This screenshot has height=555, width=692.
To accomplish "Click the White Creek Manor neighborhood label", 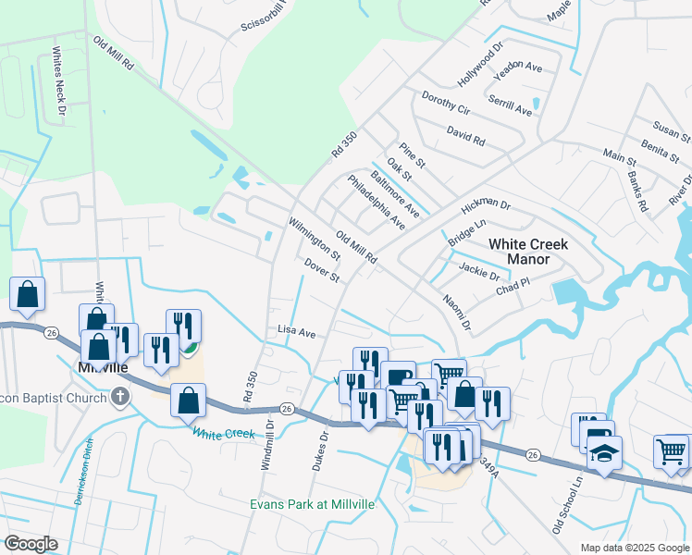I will click(532, 252).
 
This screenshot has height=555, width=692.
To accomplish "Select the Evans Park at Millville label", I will click(312, 504).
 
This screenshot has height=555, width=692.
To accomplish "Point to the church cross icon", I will click(118, 397).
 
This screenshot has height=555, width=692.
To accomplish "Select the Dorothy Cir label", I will click(446, 103).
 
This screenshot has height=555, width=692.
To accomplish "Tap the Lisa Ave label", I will click(297, 331).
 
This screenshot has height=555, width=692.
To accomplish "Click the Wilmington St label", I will click(314, 239).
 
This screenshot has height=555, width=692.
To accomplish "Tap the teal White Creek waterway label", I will click(223, 432).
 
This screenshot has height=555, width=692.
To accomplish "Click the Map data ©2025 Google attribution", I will click(634, 548).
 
